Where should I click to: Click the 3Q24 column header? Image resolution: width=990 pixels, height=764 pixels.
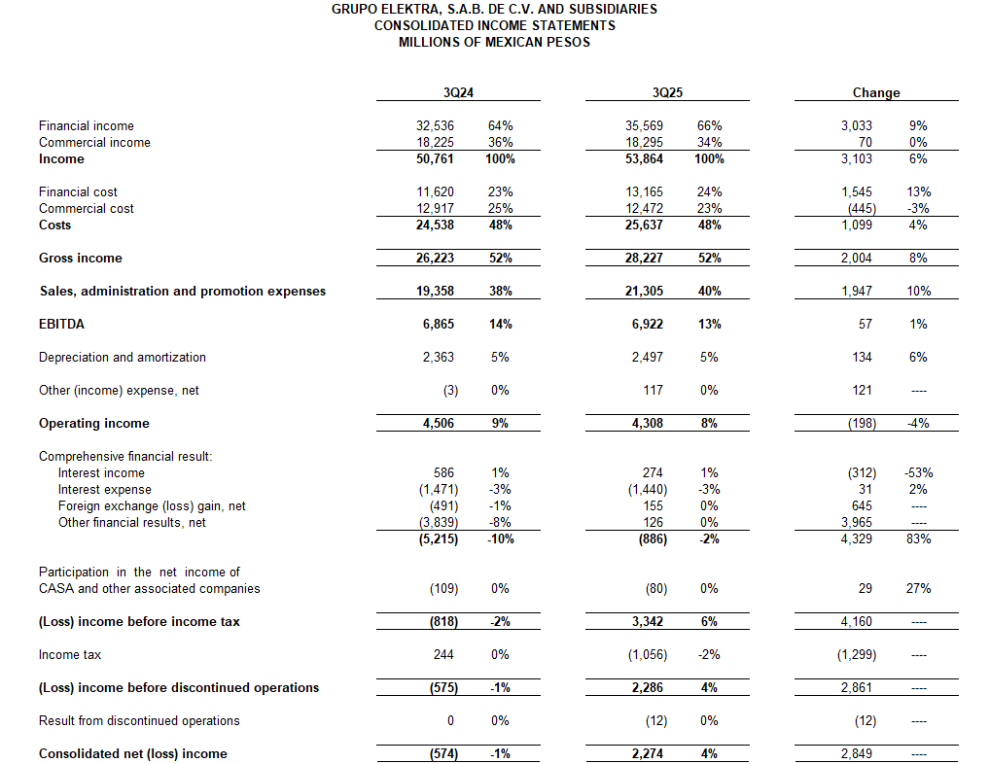pos(458,93)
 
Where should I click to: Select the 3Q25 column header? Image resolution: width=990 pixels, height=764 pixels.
pos(668,93)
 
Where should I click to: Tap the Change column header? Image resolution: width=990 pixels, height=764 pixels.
pos(876,93)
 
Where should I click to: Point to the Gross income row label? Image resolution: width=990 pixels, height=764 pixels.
pos(80,259)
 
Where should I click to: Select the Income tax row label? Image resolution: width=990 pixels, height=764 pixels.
pos(70,655)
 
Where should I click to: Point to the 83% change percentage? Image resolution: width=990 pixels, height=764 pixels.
pos(919,538)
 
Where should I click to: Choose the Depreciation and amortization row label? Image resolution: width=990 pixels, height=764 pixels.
pos(123,358)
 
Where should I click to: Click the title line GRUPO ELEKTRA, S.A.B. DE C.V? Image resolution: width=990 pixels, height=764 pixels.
pos(494,10)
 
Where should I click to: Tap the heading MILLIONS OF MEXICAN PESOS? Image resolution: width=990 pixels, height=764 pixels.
pos(494,42)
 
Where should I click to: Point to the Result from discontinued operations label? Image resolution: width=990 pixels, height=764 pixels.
pos(139,721)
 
